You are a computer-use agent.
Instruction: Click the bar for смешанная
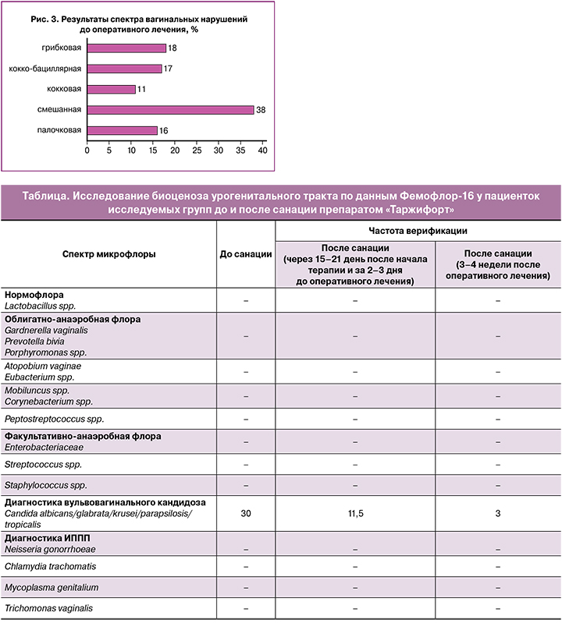[170, 110]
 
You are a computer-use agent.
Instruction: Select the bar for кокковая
[111, 89]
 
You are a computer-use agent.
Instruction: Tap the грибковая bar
[126, 48]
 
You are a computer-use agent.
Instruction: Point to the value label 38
[261, 110]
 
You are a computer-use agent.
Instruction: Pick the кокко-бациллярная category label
[45, 69]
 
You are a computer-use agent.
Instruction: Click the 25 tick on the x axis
[197, 149]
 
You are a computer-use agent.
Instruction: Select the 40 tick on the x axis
[263, 149]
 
